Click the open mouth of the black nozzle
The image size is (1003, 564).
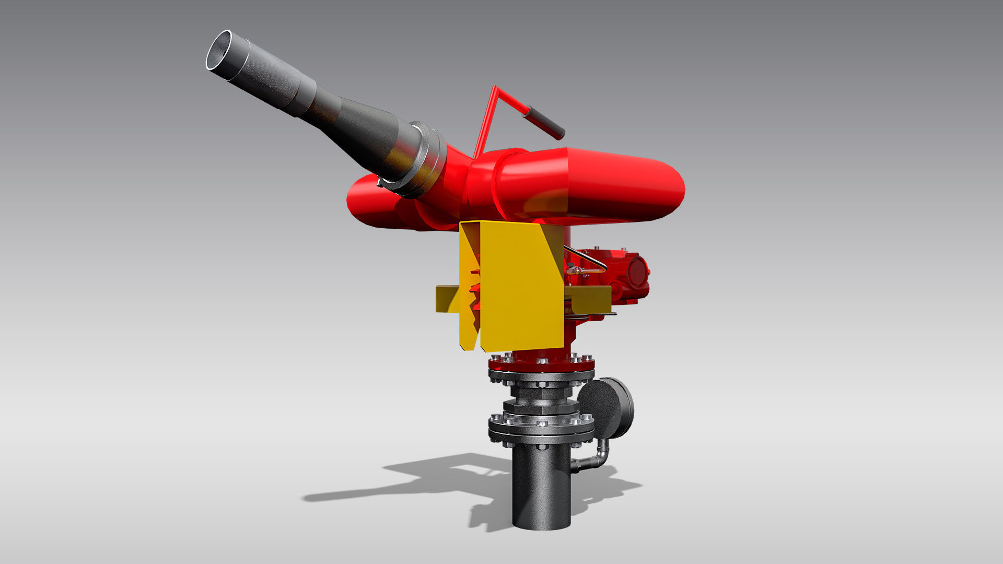click(219, 50)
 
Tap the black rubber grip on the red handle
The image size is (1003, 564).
click(544, 121)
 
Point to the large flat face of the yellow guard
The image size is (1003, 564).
click(517, 287)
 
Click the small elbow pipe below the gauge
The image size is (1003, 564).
click(596, 459)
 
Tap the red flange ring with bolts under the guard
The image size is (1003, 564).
click(541, 362)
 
